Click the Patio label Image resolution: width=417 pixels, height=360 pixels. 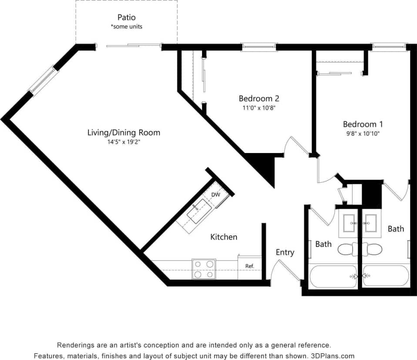[x=126, y=18]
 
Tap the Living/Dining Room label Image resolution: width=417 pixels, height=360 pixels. [x=124, y=133]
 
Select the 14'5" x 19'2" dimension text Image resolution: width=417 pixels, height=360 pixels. [x=124, y=141]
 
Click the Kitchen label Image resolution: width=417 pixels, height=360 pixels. [x=224, y=237]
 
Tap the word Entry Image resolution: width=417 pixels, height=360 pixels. [x=285, y=252]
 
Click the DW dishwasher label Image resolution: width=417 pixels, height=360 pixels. [x=215, y=195]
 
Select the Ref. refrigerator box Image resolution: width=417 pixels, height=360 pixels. [x=249, y=267]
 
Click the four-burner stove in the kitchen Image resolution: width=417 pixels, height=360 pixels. [x=204, y=269]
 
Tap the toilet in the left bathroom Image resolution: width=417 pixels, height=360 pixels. [x=347, y=249]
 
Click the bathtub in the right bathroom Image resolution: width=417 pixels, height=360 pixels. [x=386, y=275]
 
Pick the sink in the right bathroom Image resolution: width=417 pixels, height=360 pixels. [x=370, y=223]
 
